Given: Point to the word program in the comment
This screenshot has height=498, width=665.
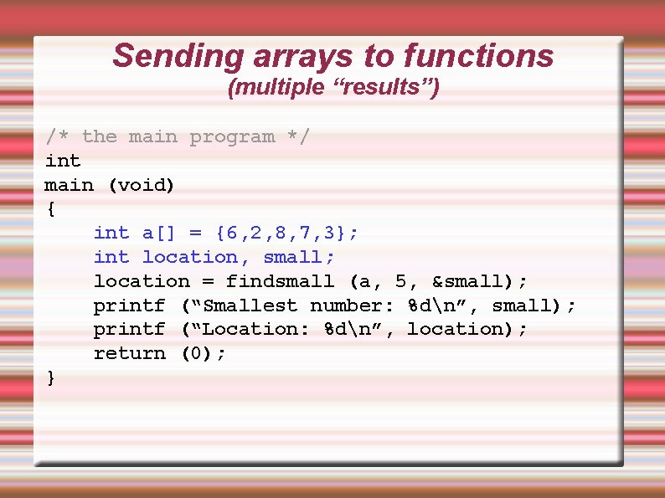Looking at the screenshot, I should tap(232, 136).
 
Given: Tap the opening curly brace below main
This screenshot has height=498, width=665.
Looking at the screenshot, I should tap(52, 209).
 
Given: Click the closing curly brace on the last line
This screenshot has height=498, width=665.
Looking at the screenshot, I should tap(52, 377).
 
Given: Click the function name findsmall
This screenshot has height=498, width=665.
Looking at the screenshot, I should tap(281, 281).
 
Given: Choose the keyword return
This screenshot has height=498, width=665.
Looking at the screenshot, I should tap(130, 353).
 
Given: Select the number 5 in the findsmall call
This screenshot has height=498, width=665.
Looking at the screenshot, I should tap(401, 281).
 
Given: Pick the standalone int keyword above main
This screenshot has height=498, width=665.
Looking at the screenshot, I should tap(63, 161).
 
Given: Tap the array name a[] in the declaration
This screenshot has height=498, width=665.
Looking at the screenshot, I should tap(160, 233).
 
